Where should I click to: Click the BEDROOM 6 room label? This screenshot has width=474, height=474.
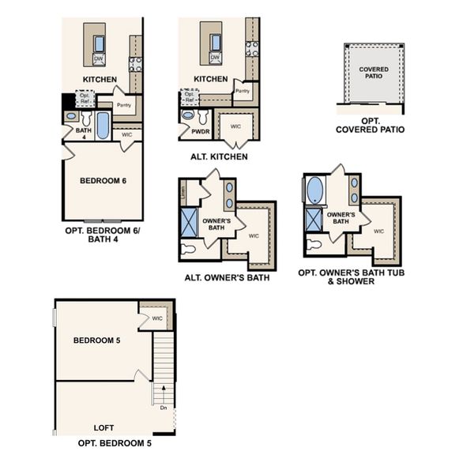click(x=103, y=181)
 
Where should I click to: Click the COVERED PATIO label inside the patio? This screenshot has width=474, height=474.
click(x=374, y=73)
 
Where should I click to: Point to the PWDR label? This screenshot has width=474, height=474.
click(x=190, y=133)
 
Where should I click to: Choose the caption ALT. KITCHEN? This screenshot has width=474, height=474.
click(x=219, y=157)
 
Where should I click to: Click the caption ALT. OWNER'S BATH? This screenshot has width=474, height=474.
click(x=227, y=277)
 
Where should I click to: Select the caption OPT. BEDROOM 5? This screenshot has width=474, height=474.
click(x=115, y=444)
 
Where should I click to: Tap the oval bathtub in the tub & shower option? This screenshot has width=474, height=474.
click(x=314, y=190)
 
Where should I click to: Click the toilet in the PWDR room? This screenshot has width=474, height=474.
click(x=188, y=115)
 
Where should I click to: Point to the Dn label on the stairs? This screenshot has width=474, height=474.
click(x=163, y=408)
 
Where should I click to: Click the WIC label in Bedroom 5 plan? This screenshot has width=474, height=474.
click(x=157, y=318)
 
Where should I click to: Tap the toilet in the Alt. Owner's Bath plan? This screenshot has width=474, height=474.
click(x=188, y=249)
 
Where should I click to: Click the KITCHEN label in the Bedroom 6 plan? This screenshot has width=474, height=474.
click(x=100, y=79)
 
